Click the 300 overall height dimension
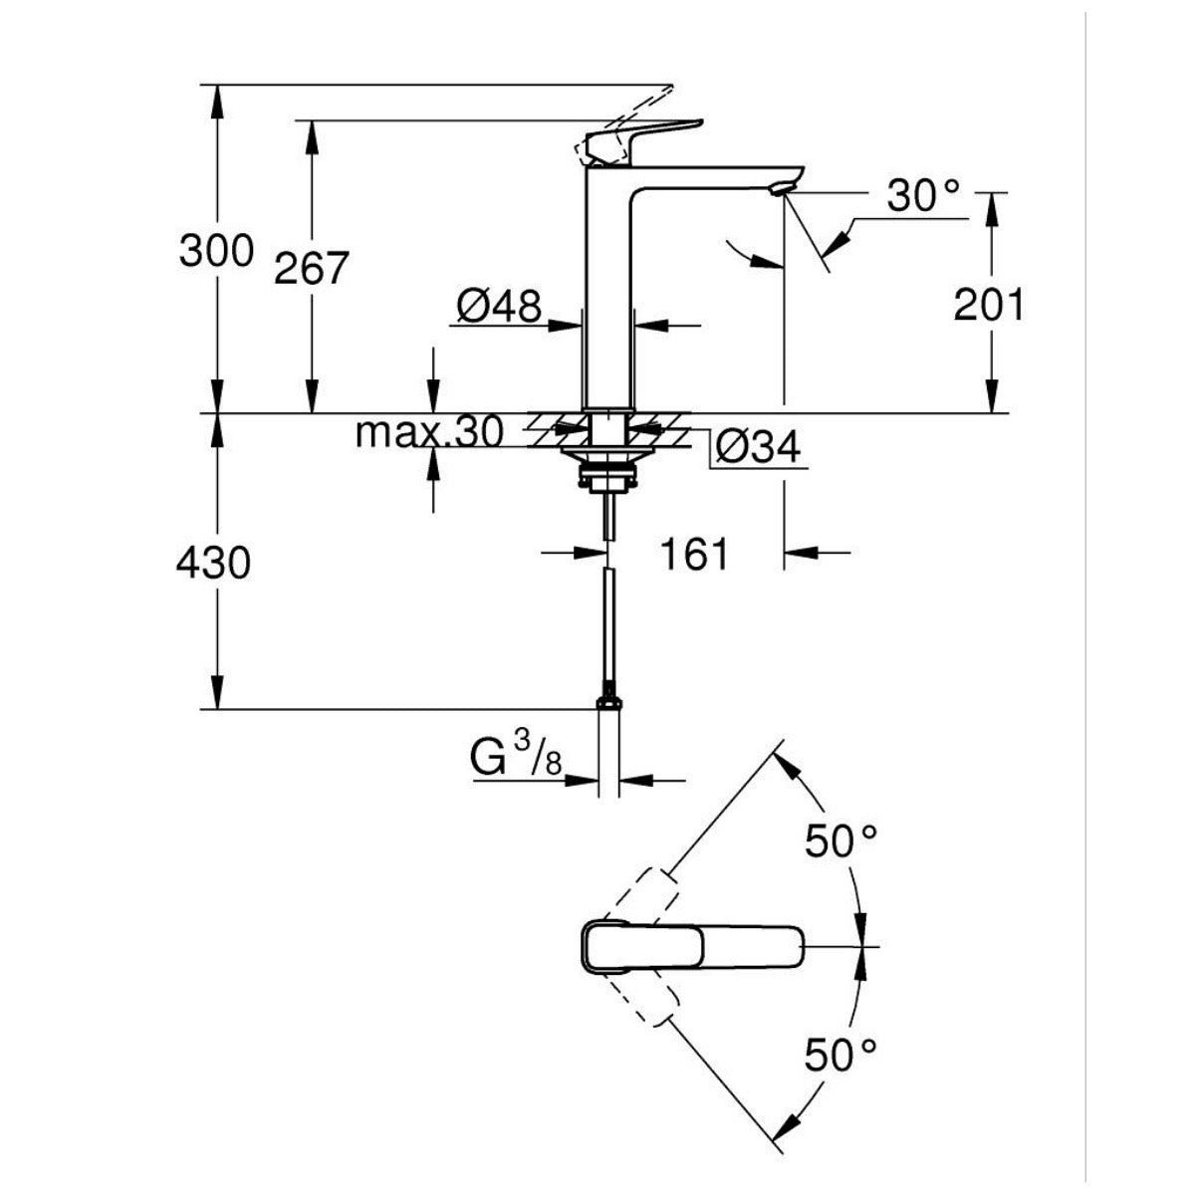pyautogui.click(x=216, y=250)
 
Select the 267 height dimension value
pyautogui.click(x=311, y=268)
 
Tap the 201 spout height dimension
pyautogui.click(x=988, y=305)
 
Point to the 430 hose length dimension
pyautogui.click(x=212, y=564)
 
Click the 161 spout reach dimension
pyautogui.click(x=694, y=554)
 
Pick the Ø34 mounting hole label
pyautogui.click(x=758, y=449)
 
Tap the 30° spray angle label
pyautogui.click(x=923, y=196)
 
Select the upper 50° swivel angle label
pyautogui.click(x=841, y=842)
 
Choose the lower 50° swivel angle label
pyautogui.click(x=841, y=1055)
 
